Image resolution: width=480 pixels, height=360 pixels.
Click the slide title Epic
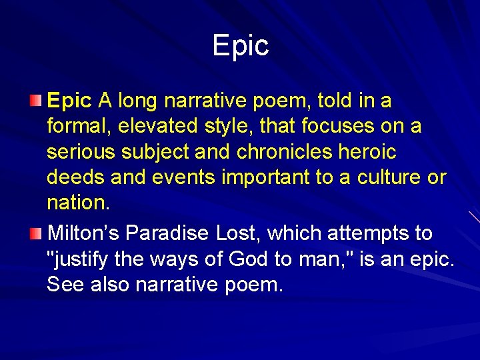coord(240,45)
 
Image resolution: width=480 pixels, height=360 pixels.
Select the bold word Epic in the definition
coord(69,101)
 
